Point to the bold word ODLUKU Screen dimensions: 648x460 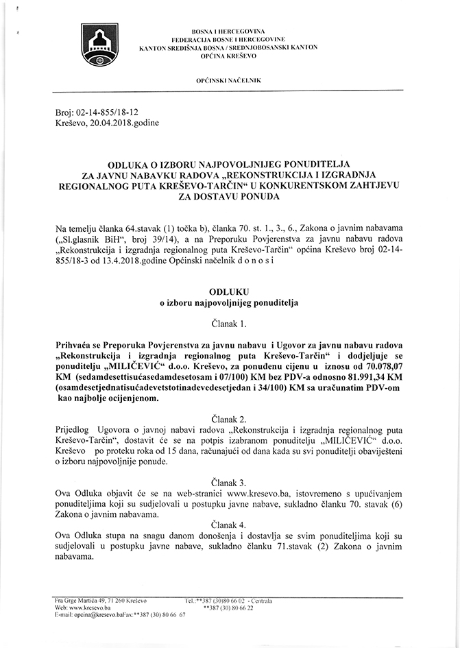point(229,290)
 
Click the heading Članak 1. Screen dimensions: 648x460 point(229,322)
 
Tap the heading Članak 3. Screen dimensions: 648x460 point(229,482)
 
